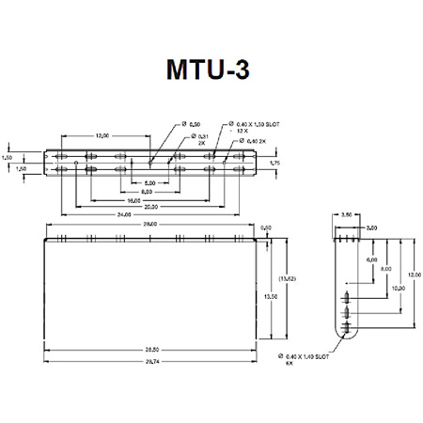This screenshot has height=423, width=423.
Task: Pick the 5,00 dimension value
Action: point(149,182)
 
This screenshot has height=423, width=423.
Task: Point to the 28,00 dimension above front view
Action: point(150,226)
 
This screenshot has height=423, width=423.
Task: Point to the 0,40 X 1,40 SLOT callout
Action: point(309,359)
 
